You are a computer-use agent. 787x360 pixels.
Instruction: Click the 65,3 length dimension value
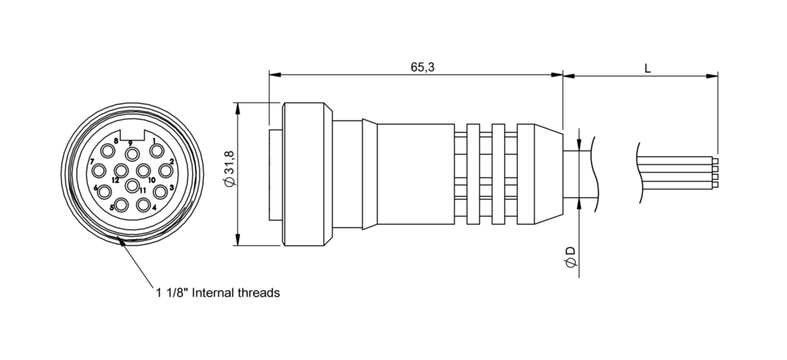(x=422, y=67)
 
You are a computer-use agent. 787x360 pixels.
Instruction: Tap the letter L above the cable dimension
(x=648, y=68)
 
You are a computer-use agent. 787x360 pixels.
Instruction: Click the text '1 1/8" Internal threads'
(x=218, y=293)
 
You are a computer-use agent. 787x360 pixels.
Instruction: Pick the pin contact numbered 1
(x=156, y=151)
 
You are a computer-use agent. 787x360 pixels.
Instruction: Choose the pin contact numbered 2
(x=166, y=170)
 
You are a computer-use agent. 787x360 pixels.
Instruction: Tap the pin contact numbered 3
(x=160, y=191)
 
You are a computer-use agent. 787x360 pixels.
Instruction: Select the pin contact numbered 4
(x=143, y=204)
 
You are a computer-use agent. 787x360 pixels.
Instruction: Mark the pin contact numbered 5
(x=121, y=204)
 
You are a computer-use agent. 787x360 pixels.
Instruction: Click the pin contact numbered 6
(x=104, y=192)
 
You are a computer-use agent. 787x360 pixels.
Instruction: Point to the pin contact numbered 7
(x=99, y=170)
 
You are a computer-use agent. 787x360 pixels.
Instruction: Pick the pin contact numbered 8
(x=108, y=151)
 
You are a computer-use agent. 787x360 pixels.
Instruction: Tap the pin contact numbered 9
(x=132, y=154)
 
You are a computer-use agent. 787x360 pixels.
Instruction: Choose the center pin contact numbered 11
(x=132, y=185)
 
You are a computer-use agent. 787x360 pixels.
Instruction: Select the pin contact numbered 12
(x=121, y=170)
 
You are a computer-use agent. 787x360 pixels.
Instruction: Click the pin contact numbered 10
(x=144, y=170)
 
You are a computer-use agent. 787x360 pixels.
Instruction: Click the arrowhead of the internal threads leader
(x=121, y=242)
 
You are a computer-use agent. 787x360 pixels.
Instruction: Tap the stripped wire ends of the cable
(x=715, y=172)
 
